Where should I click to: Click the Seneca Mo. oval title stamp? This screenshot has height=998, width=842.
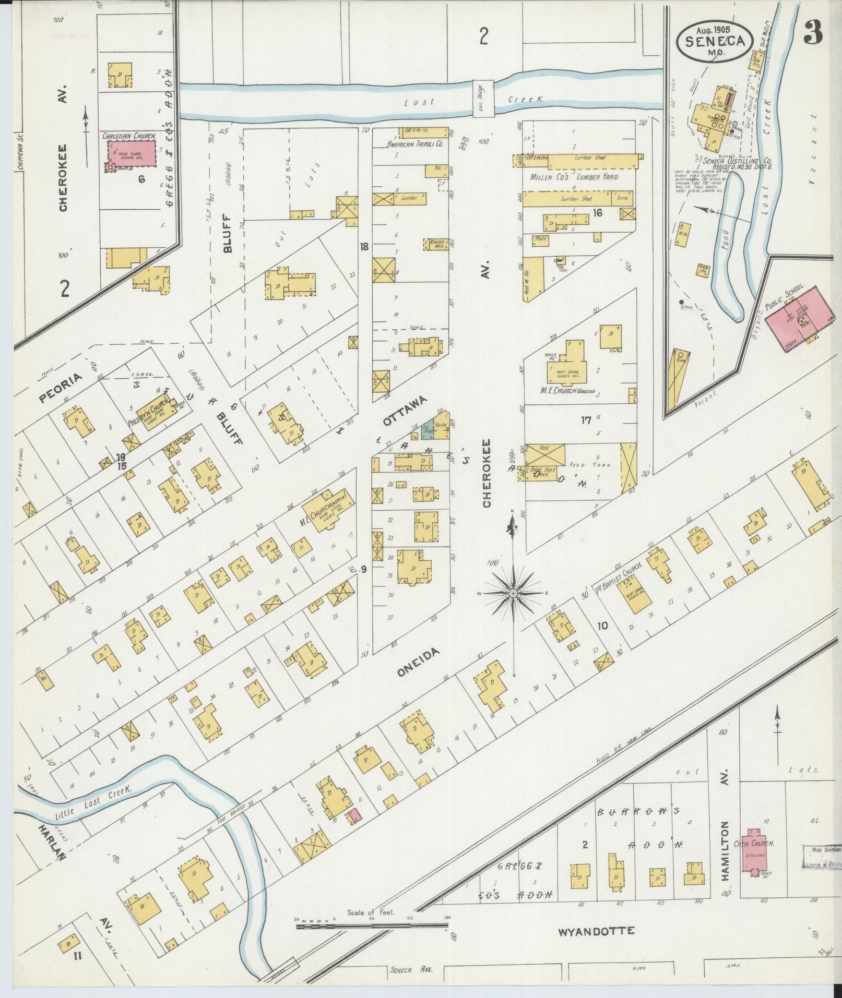point(715,39)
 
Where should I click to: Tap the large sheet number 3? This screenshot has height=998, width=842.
point(813,33)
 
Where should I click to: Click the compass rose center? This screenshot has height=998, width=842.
point(514,594)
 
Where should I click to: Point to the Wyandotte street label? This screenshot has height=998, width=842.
point(597,931)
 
